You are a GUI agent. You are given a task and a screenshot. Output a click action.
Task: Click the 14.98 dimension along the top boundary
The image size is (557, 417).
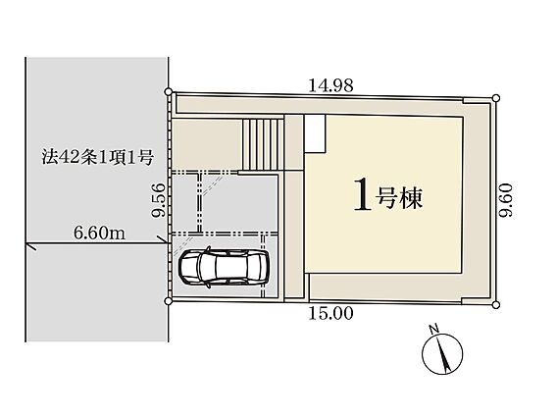(330, 85)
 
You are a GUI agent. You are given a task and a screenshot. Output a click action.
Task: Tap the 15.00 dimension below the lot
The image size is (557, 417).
(330, 313)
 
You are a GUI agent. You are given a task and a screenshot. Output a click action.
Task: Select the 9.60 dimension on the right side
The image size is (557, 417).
(505, 199)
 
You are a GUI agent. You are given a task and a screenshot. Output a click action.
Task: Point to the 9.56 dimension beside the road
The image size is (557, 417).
(159, 199)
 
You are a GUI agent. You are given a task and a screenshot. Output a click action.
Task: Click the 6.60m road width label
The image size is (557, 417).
(99, 234)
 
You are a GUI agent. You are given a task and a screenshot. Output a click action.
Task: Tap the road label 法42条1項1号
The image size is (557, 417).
(97, 157)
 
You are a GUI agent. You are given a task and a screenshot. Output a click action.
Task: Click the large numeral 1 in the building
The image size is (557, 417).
(363, 194)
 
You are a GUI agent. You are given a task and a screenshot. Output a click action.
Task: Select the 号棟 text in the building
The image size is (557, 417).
(400, 198)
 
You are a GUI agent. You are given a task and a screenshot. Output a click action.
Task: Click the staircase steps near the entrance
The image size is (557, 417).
(263, 144)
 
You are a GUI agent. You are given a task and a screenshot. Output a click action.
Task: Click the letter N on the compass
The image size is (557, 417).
(433, 330)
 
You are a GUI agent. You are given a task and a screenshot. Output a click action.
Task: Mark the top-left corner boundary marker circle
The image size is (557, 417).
(169, 92)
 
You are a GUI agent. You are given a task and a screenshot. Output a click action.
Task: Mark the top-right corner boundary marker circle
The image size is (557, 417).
(496, 98)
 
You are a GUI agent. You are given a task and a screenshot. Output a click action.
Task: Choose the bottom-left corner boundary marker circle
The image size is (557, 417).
(169, 301)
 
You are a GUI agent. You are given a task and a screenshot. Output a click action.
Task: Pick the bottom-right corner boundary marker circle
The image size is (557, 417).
(496, 305)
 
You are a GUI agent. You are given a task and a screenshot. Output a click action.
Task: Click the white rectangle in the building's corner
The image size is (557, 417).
(315, 133)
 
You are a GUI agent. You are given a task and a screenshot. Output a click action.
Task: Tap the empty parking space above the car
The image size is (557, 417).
(239, 203)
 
